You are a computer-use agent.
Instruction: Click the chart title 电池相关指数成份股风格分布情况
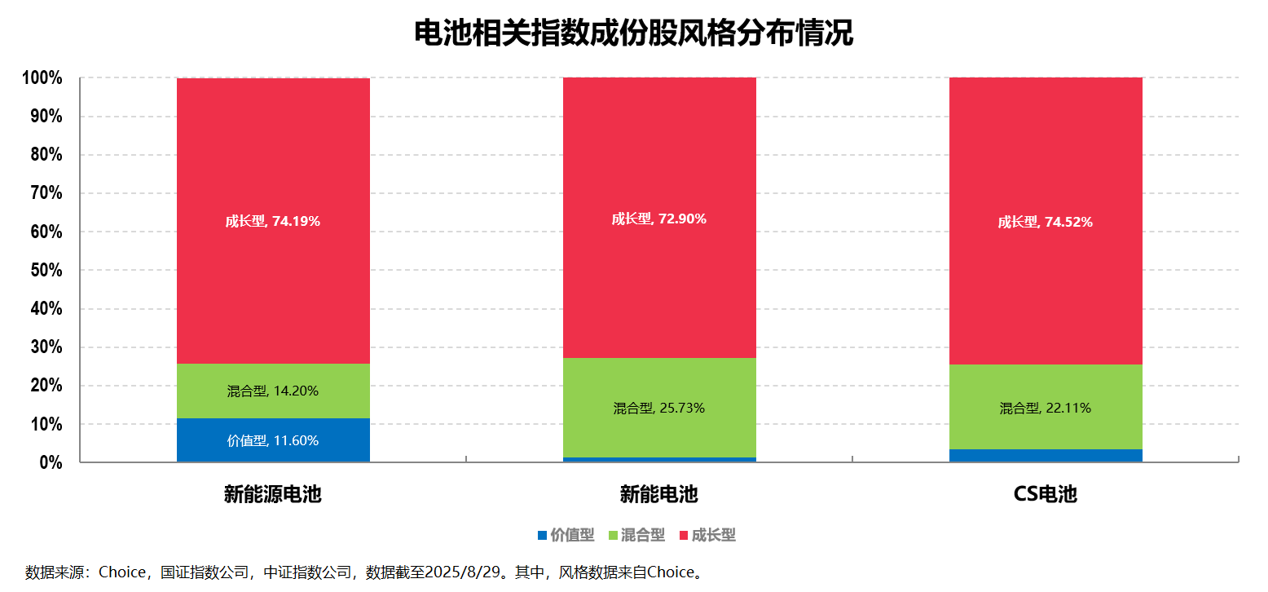pos(633,33)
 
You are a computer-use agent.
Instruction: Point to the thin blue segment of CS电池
pos(1046,455)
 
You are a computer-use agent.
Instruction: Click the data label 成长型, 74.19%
pos(273,221)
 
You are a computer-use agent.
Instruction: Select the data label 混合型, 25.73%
pos(659,408)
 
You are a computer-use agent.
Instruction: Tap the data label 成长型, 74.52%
pos(1046,222)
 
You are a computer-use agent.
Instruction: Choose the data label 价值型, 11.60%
pos(273,440)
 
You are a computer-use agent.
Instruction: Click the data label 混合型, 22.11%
pos(1046,408)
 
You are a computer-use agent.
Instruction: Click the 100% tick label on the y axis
pos(42,78)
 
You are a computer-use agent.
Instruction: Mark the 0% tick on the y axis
pos(51,462)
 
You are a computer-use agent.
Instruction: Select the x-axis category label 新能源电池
pos(273,494)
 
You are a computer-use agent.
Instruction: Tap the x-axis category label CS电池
pos(1046,494)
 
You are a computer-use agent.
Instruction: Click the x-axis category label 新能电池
pos(659,494)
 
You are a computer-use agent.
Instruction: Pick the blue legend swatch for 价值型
pos(542,536)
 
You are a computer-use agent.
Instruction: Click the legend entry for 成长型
pos(714,536)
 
